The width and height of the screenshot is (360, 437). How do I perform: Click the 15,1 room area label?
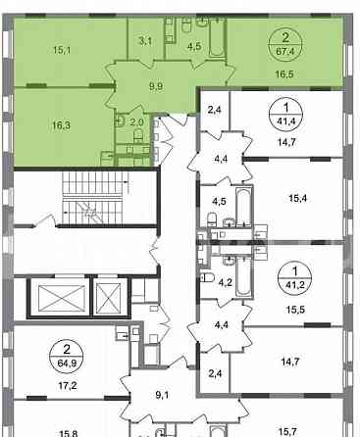pos(62,50)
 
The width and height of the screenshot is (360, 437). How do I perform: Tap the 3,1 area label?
pos(145,41)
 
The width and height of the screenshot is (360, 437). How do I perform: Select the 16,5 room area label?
pos(284,74)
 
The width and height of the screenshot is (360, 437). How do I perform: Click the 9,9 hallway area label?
pos(156,86)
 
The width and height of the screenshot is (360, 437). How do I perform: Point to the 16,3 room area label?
pos(62,125)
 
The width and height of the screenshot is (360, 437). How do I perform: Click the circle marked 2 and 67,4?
pos(285,43)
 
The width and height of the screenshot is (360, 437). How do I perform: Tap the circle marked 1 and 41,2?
pos(295,277)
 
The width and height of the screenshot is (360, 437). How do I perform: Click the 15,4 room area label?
pos(298,198)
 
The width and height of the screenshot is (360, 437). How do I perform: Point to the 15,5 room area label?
pos(295,309)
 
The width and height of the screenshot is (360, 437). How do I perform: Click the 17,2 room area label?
pos(67,386)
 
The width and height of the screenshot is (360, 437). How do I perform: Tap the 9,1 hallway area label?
pos(162,395)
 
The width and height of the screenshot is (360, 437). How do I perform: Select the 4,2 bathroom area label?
pos(226,282)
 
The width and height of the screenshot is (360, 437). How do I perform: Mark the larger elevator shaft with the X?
pos(62,298)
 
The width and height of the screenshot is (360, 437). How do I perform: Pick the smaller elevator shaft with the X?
pos(109,298)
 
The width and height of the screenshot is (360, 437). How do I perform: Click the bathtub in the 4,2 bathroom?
pos(243,277)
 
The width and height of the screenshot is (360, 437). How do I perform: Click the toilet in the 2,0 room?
pos(138,135)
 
